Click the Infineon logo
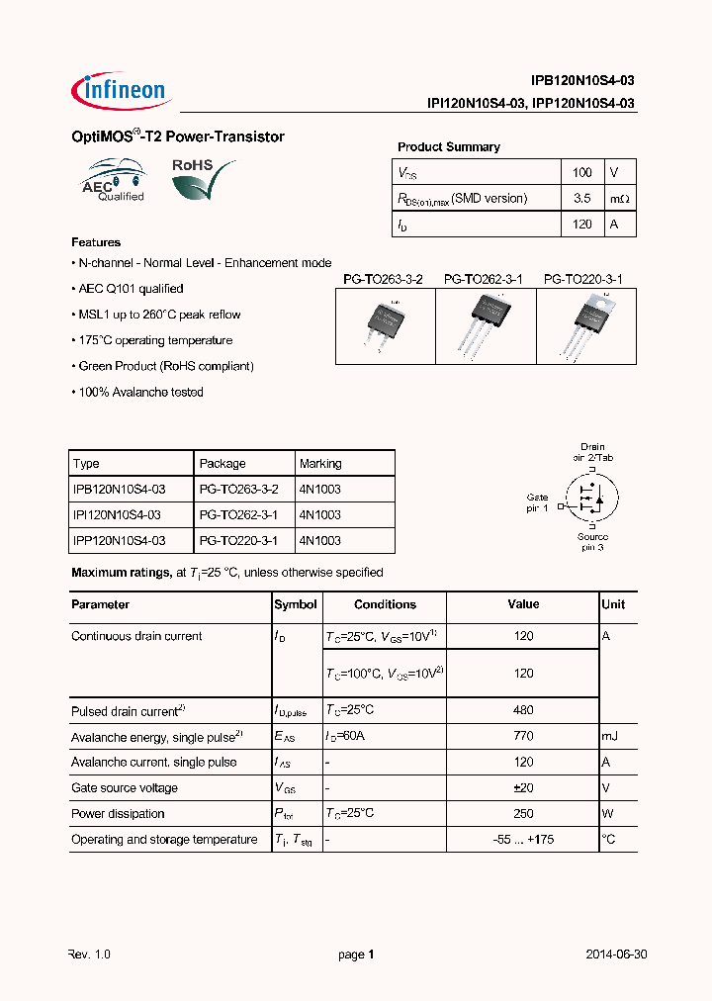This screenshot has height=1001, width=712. click(x=122, y=91)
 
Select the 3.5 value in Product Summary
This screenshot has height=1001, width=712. click(x=582, y=198)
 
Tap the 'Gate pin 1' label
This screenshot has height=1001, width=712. click(x=537, y=502)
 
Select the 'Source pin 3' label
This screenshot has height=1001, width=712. click(x=592, y=542)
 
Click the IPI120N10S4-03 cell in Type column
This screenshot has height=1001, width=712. click(x=118, y=515)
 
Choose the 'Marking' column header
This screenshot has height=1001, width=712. click(x=320, y=463)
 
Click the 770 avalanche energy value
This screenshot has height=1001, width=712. click(x=523, y=736)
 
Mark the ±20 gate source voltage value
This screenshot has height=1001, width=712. click(x=523, y=788)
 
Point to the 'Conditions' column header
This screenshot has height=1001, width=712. click(x=385, y=604)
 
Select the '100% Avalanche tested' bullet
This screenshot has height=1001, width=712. click(x=139, y=392)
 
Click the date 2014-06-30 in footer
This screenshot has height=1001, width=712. click(x=616, y=955)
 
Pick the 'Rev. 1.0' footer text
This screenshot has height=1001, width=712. click(x=92, y=955)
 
